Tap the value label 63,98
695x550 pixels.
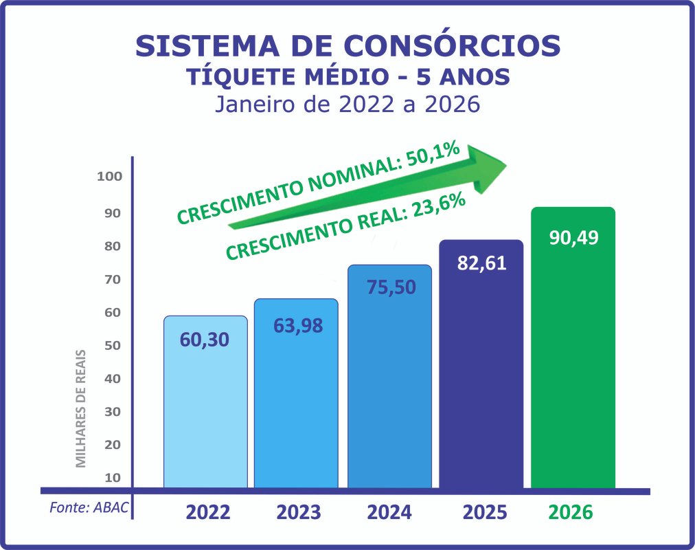[x=297, y=325]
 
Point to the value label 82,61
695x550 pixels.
[x=481, y=263]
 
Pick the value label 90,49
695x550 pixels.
[x=573, y=238]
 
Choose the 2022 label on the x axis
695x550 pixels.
[x=208, y=513]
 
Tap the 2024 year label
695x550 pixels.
[x=389, y=513]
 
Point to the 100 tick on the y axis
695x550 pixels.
[x=109, y=177]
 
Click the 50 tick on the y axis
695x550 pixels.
[x=112, y=345]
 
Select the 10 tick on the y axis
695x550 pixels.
[x=112, y=477]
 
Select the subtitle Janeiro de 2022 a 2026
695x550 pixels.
[x=347, y=105]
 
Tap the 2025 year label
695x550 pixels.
[x=484, y=513]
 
